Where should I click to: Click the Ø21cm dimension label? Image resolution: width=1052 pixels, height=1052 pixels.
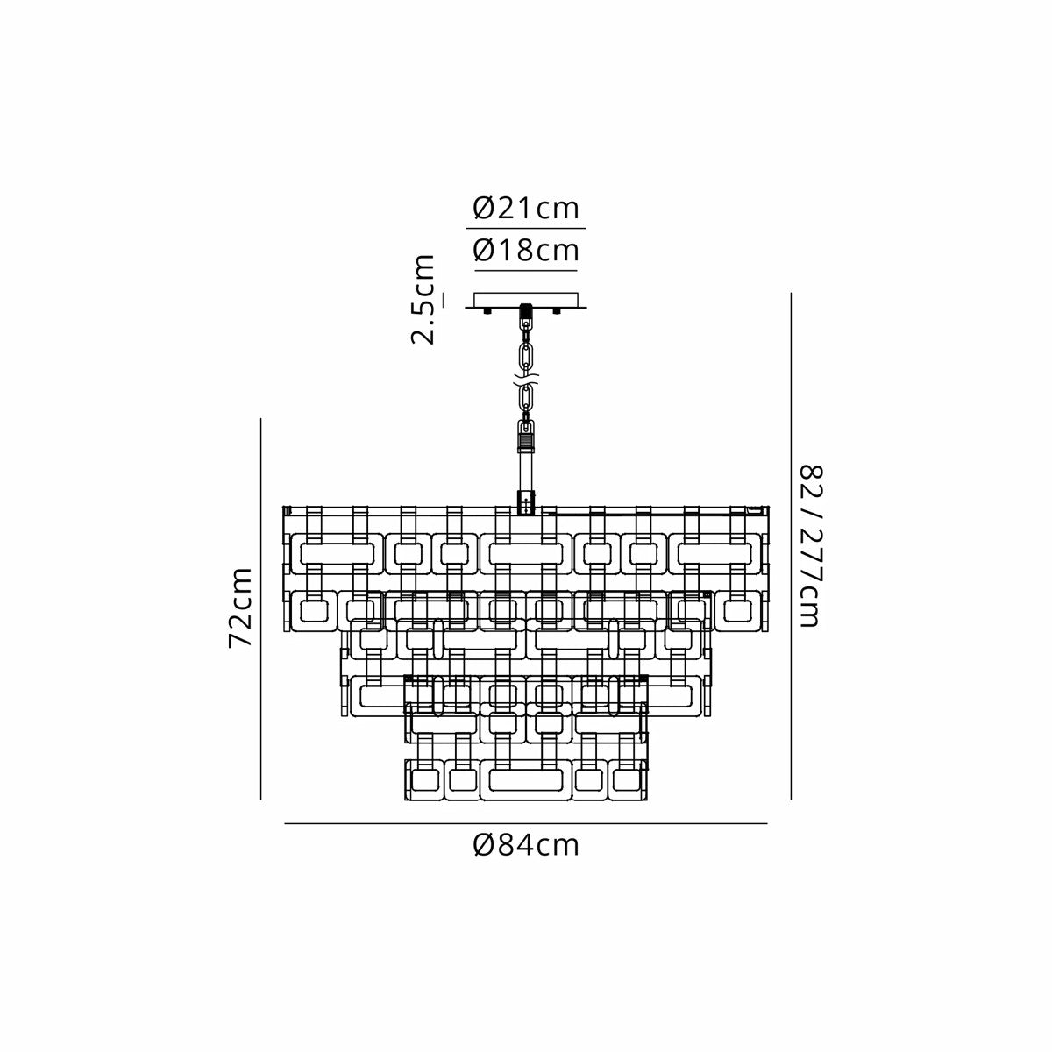tap(526, 208)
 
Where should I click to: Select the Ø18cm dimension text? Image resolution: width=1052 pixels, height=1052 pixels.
tap(526, 251)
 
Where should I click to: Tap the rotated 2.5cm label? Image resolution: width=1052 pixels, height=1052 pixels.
tap(423, 299)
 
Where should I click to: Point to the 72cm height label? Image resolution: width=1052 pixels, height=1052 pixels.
tap(240, 608)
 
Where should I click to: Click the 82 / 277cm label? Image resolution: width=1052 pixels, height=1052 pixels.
tap(811, 545)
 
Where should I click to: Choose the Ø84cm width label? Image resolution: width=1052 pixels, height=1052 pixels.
tap(526, 846)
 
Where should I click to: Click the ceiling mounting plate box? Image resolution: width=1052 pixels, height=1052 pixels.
tap(526, 301)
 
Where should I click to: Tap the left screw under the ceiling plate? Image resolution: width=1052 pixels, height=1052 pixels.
tap(487, 310)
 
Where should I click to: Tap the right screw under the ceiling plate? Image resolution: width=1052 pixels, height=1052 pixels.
tap(557, 310)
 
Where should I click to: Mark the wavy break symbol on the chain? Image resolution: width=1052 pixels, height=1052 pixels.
tap(526, 379)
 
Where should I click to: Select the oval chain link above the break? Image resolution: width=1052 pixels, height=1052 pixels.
tap(526, 357)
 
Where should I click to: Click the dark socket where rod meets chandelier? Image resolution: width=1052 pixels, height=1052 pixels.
tap(526, 502)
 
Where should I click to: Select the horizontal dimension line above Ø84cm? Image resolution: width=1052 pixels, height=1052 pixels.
tap(526, 823)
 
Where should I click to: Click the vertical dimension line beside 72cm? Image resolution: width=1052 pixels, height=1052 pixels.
tap(261, 608)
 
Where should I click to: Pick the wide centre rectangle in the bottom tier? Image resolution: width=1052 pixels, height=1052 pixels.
tap(526, 780)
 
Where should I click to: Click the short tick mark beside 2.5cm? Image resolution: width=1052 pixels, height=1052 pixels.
tap(444, 301)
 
